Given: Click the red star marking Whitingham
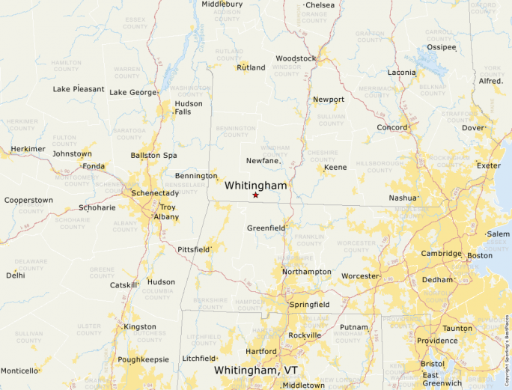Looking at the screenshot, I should pyautogui.click(x=255, y=195).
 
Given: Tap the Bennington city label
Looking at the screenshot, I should pyautogui.click(x=195, y=175).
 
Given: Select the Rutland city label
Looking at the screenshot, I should pyautogui.click(x=251, y=67).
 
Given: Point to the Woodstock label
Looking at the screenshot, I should pyautogui.click(x=296, y=58).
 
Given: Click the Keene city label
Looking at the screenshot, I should pyautogui.click(x=335, y=167).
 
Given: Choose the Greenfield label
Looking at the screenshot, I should pyautogui.click(x=266, y=228).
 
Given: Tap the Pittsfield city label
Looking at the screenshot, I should pyautogui.click(x=193, y=249).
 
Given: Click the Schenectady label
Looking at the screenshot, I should pyautogui.click(x=155, y=193).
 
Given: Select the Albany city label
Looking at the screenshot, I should pyautogui.click(x=166, y=217).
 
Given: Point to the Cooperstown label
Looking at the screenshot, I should pyautogui.click(x=28, y=200).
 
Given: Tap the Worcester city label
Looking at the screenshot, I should pyautogui.click(x=360, y=276).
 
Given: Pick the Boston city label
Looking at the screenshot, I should pyautogui.click(x=480, y=255).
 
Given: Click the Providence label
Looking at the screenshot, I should pyautogui.click(x=437, y=341).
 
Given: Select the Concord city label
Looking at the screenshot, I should pyautogui.click(x=391, y=128).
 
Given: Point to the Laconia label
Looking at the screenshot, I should pyautogui.click(x=402, y=73).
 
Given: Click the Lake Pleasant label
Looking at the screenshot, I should pyautogui.click(x=79, y=89).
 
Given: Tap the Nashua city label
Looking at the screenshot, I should pyautogui.click(x=402, y=198).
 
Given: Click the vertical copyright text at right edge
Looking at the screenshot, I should pyautogui.click(x=508, y=344).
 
